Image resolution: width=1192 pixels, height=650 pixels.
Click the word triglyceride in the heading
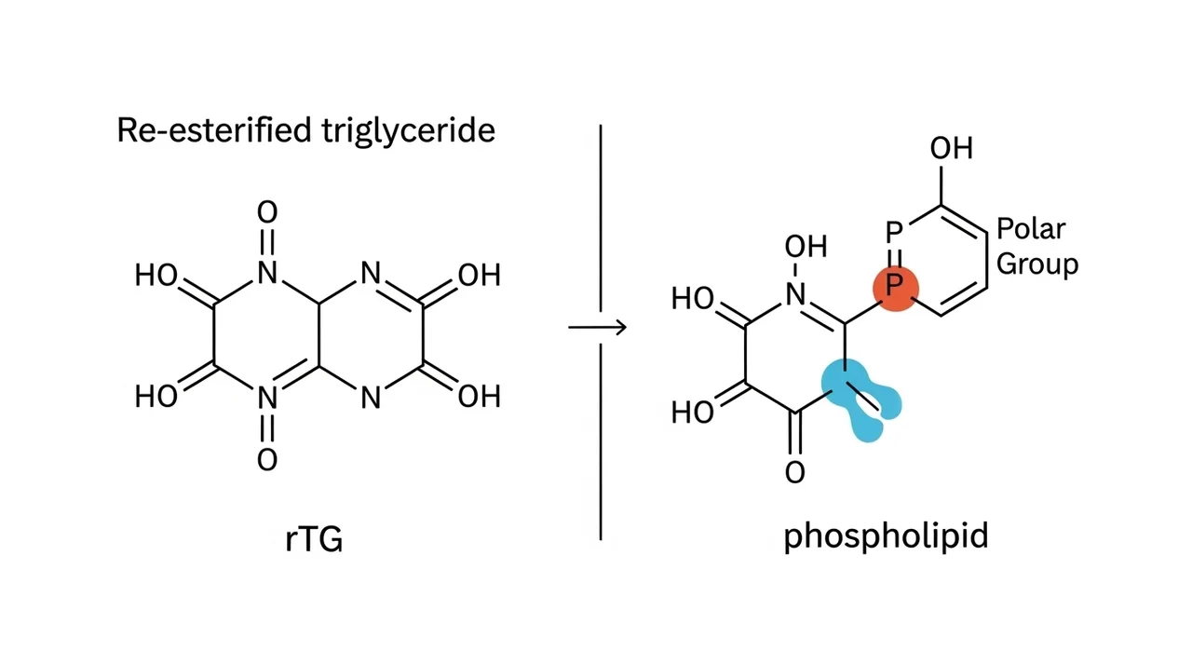[x=408, y=131]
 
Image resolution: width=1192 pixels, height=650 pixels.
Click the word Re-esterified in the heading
[x=214, y=129]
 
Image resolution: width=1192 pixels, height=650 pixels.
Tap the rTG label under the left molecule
[x=314, y=539]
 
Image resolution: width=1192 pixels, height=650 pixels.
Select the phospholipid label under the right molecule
[x=886, y=536]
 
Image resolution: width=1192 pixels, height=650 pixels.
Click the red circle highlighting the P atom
[x=896, y=289]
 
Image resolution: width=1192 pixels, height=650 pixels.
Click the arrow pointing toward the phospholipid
[x=597, y=327]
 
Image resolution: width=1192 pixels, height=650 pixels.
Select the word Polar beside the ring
[x=1031, y=229]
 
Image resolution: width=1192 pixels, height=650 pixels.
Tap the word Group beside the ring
[x=1037, y=264]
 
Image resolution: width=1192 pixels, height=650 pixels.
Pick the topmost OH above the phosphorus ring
[x=952, y=148]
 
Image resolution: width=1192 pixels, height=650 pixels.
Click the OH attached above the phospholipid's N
[x=806, y=246]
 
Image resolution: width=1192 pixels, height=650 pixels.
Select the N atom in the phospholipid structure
[x=795, y=294]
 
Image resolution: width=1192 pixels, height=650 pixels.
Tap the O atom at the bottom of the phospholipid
[x=795, y=472]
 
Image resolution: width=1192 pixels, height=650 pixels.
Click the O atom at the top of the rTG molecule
[x=267, y=211]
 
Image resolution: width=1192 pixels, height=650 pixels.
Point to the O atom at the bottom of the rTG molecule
[x=267, y=460]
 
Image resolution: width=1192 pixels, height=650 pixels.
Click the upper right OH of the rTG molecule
[x=480, y=275]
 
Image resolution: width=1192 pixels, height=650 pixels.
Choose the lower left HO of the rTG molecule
[x=156, y=397]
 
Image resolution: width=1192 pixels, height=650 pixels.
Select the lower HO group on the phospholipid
[x=692, y=413]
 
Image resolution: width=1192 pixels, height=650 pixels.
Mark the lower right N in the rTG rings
[x=371, y=397]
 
